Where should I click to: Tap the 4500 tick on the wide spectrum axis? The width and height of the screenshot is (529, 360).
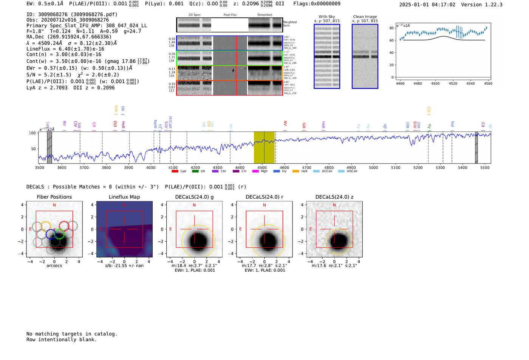pyautogui.click(x=262, y=168)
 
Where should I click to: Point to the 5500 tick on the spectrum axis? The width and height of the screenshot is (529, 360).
pyautogui.click(x=485, y=168)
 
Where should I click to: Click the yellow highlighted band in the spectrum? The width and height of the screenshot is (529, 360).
pyautogui.click(x=264, y=147)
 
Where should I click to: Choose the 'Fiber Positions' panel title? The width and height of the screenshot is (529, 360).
pyautogui.click(x=54, y=197)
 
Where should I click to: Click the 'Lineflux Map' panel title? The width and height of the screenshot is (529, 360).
pyautogui.click(x=124, y=197)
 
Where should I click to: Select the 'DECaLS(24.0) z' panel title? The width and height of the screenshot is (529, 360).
pyautogui.click(x=334, y=197)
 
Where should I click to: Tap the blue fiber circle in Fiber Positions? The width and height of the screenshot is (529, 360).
pyautogui.click(x=51, y=234)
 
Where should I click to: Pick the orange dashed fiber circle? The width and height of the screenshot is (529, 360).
pyautogui.click(x=46, y=226)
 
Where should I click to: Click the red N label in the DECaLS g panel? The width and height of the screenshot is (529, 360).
pyautogui.click(x=194, y=205)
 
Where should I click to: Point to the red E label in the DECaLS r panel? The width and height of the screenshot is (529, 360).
pyautogui.click(x=240, y=229)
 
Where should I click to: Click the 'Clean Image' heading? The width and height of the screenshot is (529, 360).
pyautogui.click(x=365, y=17)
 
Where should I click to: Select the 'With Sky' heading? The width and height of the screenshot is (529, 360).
pyautogui.click(x=327, y=17)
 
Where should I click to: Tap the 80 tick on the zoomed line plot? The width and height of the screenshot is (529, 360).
pyautogui.click(x=391, y=28)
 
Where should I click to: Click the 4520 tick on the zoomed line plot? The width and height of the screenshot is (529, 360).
pyautogui.click(x=453, y=83)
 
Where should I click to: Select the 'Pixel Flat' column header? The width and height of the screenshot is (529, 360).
pyautogui.click(x=230, y=15)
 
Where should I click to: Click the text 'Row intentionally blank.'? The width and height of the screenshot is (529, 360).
pyautogui.click(x=62, y=340)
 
